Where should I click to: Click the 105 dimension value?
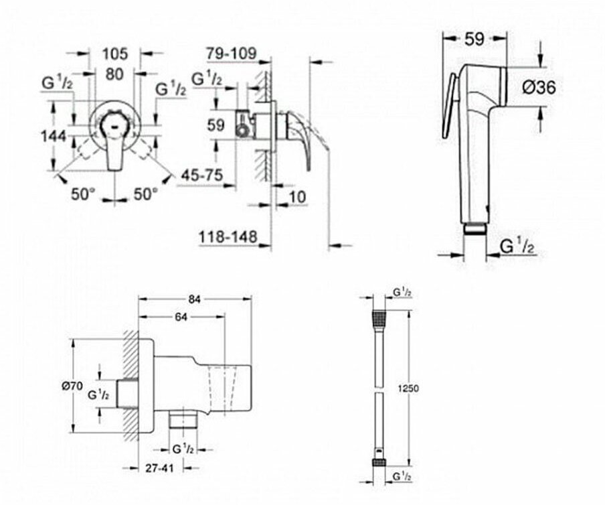(x=115, y=54)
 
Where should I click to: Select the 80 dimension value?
(x=114, y=74)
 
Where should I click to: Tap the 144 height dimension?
(x=54, y=136)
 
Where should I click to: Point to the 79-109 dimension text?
(x=231, y=54)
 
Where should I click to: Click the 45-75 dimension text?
(x=202, y=175)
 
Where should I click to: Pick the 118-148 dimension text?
(x=228, y=236)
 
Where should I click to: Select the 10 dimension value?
(x=297, y=197)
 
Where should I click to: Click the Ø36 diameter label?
(x=539, y=88)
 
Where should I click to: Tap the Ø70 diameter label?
(x=73, y=385)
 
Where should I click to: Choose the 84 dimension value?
(x=195, y=299)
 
